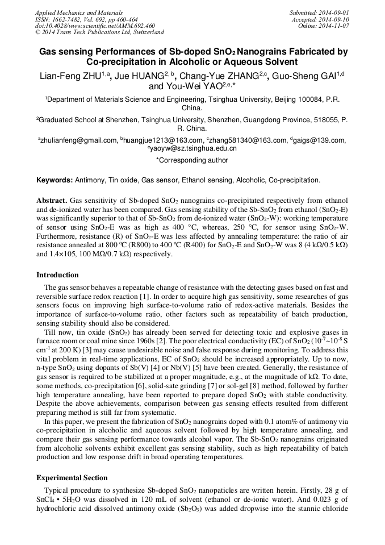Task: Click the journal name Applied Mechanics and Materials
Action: tap(79, 12)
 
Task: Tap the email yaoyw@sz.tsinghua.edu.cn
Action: tap(194, 148)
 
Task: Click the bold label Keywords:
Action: tap(55, 180)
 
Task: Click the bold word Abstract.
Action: tap(52, 201)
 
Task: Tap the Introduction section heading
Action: tap(57, 275)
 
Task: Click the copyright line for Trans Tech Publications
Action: tap(99, 32)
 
